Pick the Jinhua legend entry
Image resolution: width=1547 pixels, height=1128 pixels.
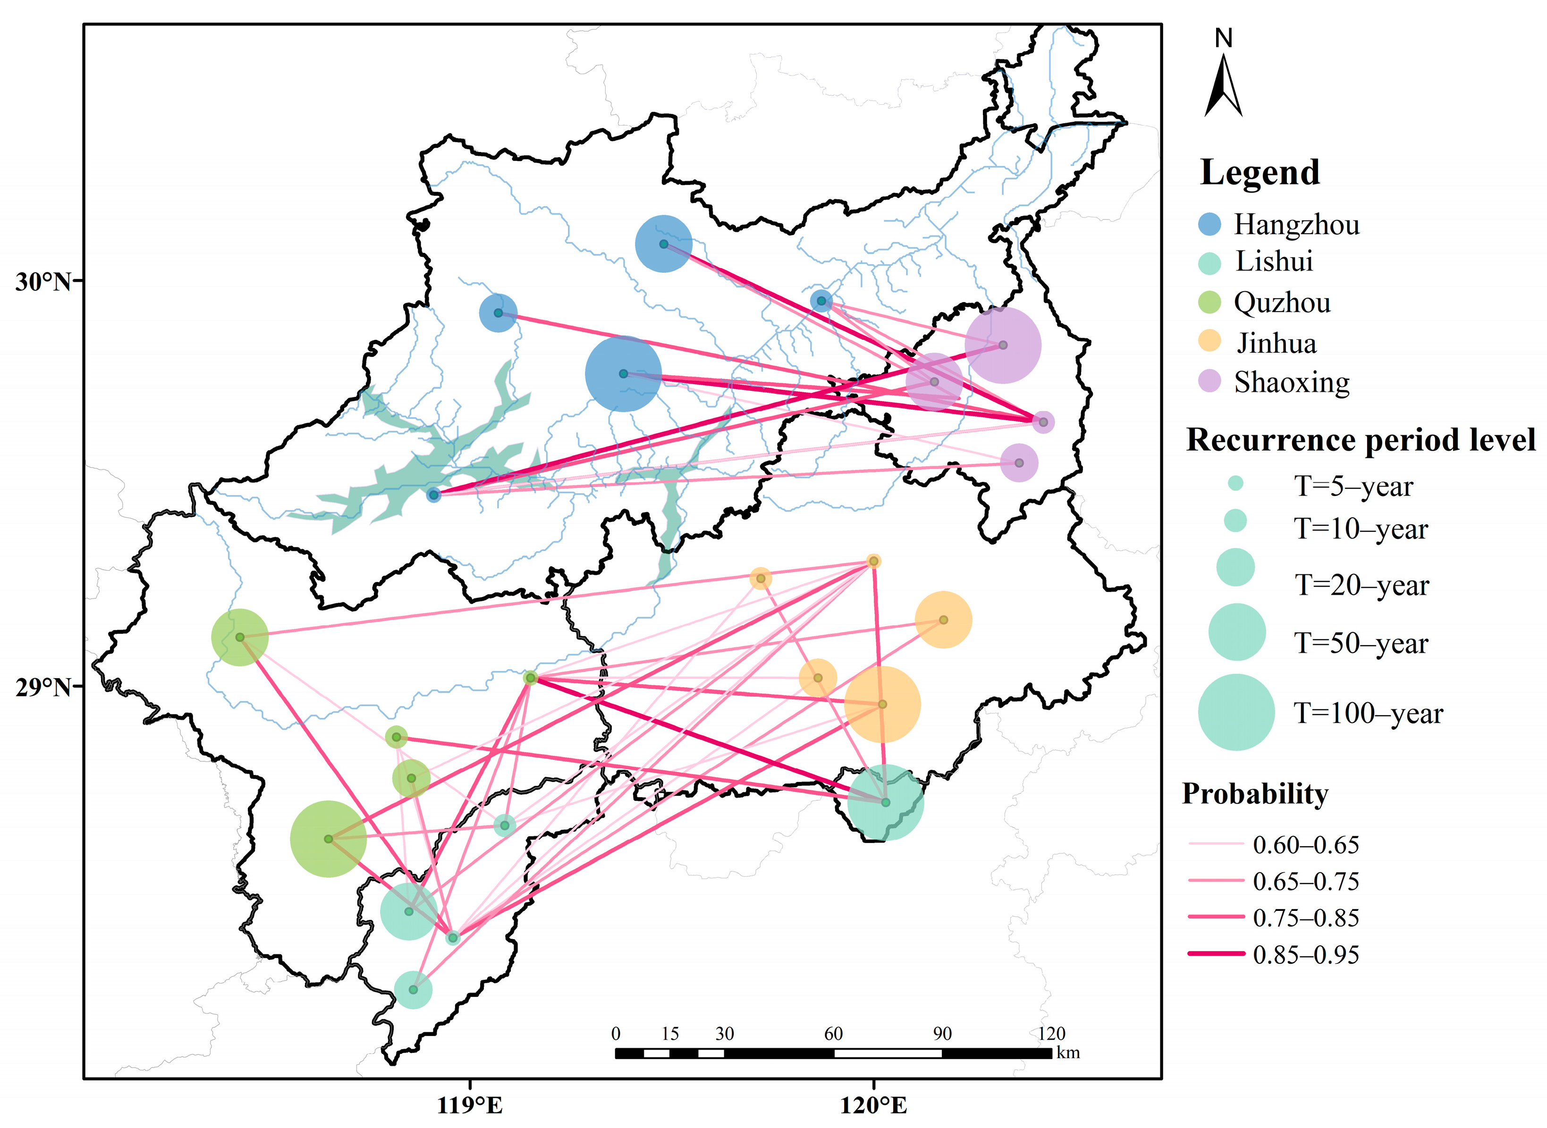point(1276,343)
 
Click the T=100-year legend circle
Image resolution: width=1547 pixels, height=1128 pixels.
point(1236,712)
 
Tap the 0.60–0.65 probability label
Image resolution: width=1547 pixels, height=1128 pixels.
point(1306,845)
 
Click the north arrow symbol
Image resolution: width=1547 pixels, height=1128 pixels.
point(1223,85)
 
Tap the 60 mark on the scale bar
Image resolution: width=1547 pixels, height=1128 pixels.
point(833,1034)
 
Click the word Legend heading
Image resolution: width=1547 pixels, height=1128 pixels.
point(1260,172)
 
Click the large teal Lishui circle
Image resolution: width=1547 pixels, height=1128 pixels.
point(885,802)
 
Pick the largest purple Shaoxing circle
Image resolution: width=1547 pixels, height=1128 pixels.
point(1003,345)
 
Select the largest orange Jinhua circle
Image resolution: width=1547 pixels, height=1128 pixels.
point(882,704)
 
